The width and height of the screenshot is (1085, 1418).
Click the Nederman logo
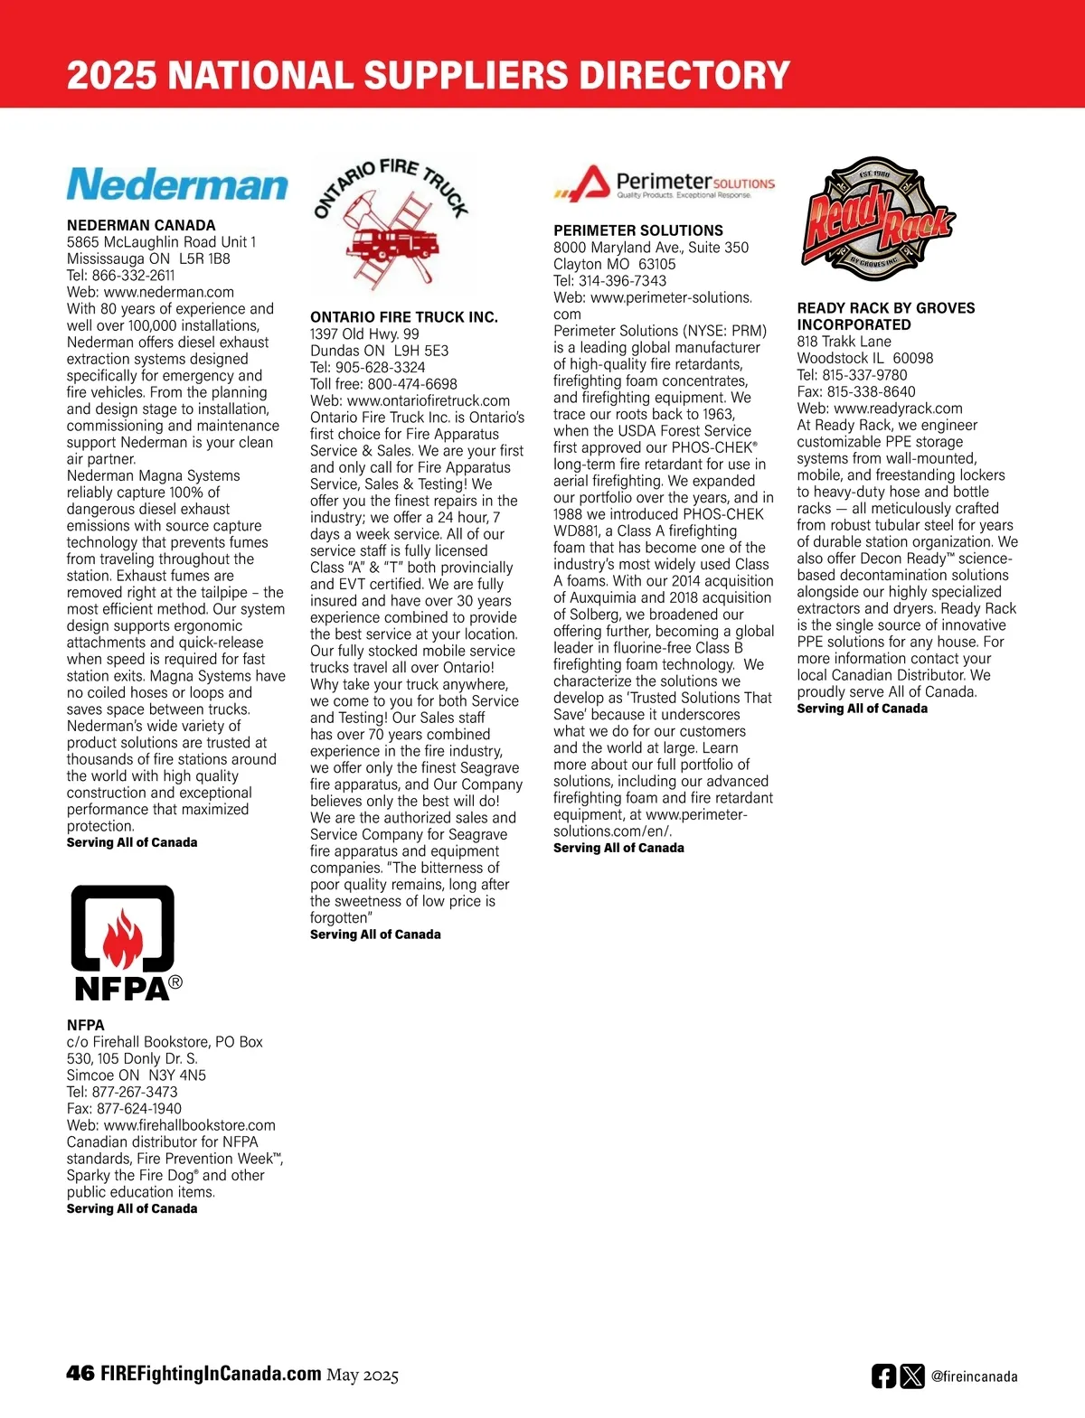coord(177,183)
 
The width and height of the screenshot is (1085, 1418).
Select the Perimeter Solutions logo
coord(665,183)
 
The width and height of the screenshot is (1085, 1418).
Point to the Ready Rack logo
coord(877,219)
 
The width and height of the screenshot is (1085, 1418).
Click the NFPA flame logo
coord(124,942)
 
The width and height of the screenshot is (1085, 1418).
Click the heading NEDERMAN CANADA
coord(141,225)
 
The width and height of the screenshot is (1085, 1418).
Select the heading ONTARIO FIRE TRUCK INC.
coord(404,317)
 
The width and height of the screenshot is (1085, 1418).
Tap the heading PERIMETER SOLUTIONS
coord(638,230)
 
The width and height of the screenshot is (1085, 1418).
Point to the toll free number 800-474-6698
coord(412,384)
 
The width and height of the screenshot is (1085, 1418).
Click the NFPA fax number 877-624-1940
coord(137,1109)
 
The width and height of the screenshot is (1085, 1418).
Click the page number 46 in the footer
coord(80,1374)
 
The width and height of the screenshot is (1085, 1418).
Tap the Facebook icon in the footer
coord(883,1376)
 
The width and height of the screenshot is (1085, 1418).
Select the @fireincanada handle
coord(974,1377)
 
